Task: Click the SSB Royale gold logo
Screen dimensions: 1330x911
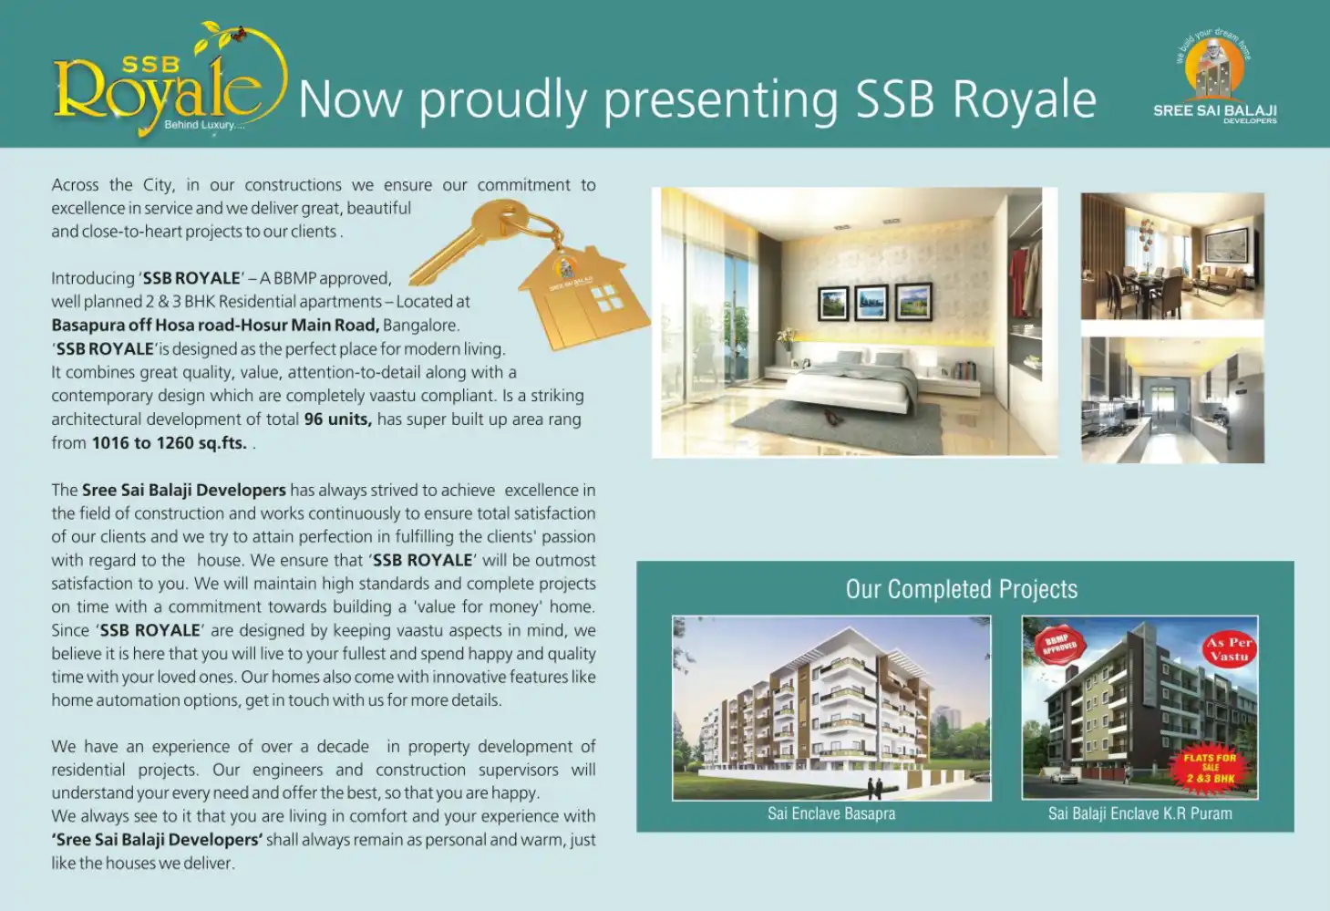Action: coord(170,80)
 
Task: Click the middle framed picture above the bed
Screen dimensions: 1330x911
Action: coord(871,302)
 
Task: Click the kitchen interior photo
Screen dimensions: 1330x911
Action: coord(1172,400)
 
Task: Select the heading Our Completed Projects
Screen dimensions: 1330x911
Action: coord(962,589)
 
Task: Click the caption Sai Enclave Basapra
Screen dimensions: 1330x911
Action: coord(831,813)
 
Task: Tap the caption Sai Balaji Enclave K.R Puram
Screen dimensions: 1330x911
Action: coord(1140,813)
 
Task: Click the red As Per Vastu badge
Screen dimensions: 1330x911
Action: coord(1229,649)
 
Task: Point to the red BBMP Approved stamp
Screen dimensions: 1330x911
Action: coord(1060,645)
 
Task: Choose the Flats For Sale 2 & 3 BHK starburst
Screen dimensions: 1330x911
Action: coord(1210,768)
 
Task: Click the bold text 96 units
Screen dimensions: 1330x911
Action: coord(338,419)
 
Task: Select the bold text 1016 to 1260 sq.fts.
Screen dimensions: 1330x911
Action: coord(170,443)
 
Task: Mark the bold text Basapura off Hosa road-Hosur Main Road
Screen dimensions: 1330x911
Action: coord(215,326)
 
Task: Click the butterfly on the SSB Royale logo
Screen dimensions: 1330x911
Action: coord(239,33)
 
